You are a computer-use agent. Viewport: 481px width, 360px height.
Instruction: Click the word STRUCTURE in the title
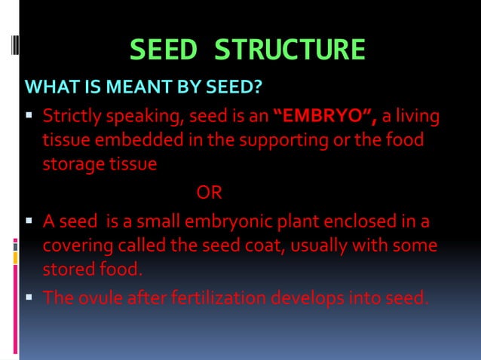(x=290, y=50)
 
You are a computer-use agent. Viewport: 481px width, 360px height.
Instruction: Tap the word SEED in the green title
(x=164, y=50)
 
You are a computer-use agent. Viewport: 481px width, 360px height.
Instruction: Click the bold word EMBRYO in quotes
(x=326, y=117)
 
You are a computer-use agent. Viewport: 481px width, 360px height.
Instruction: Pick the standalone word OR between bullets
(x=210, y=194)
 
